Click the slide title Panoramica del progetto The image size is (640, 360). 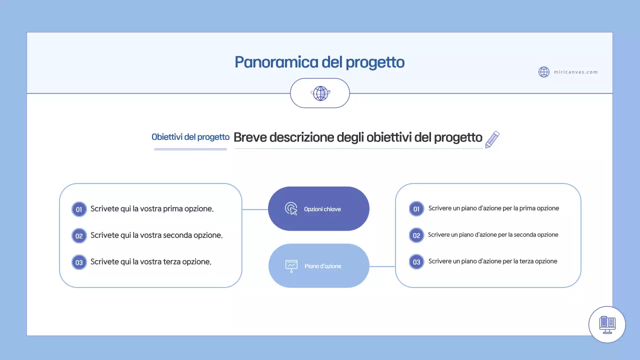click(x=319, y=62)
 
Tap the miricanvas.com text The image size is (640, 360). click(x=575, y=72)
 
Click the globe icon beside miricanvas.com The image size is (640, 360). click(x=544, y=72)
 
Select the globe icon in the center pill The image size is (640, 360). click(x=320, y=93)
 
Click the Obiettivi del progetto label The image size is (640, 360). click(x=190, y=137)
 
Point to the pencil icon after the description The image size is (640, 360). click(x=492, y=139)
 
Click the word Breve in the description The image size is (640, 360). click(x=250, y=137)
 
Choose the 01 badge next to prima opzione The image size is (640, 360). click(x=79, y=209)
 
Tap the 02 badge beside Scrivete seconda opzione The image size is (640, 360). click(x=79, y=235)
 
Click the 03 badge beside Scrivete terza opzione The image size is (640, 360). click(x=79, y=262)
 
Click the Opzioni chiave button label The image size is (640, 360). click(x=322, y=209)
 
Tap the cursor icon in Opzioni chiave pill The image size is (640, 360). click(x=291, y=209)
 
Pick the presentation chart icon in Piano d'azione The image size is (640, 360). click(x=291, y=265)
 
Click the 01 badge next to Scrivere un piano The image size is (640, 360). click(x=416, y=208)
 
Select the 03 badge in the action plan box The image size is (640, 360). click(x=416, y=261)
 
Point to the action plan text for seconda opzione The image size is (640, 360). click(x=493, y=234)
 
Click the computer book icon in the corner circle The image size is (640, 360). click(x=607, y=324)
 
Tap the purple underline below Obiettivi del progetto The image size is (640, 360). click(x=190, y=148)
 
